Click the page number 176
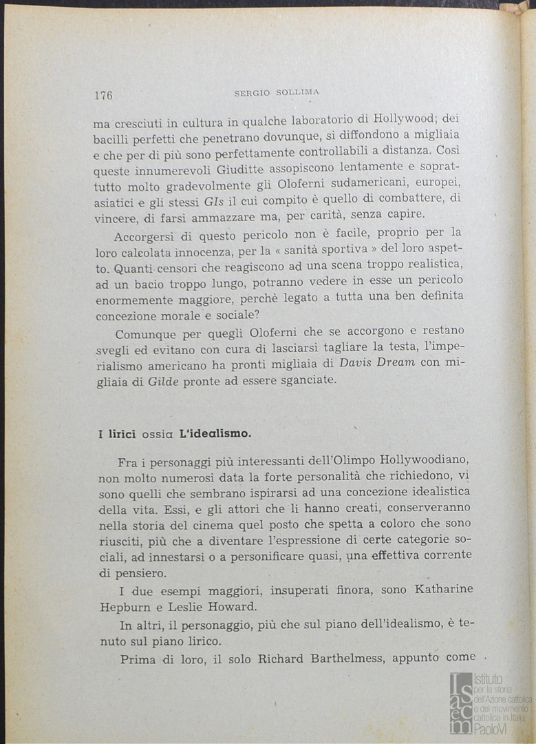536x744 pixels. [103, 96]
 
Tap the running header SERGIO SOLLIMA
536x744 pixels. [277, 92]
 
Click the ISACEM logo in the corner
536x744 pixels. [460, 703]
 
